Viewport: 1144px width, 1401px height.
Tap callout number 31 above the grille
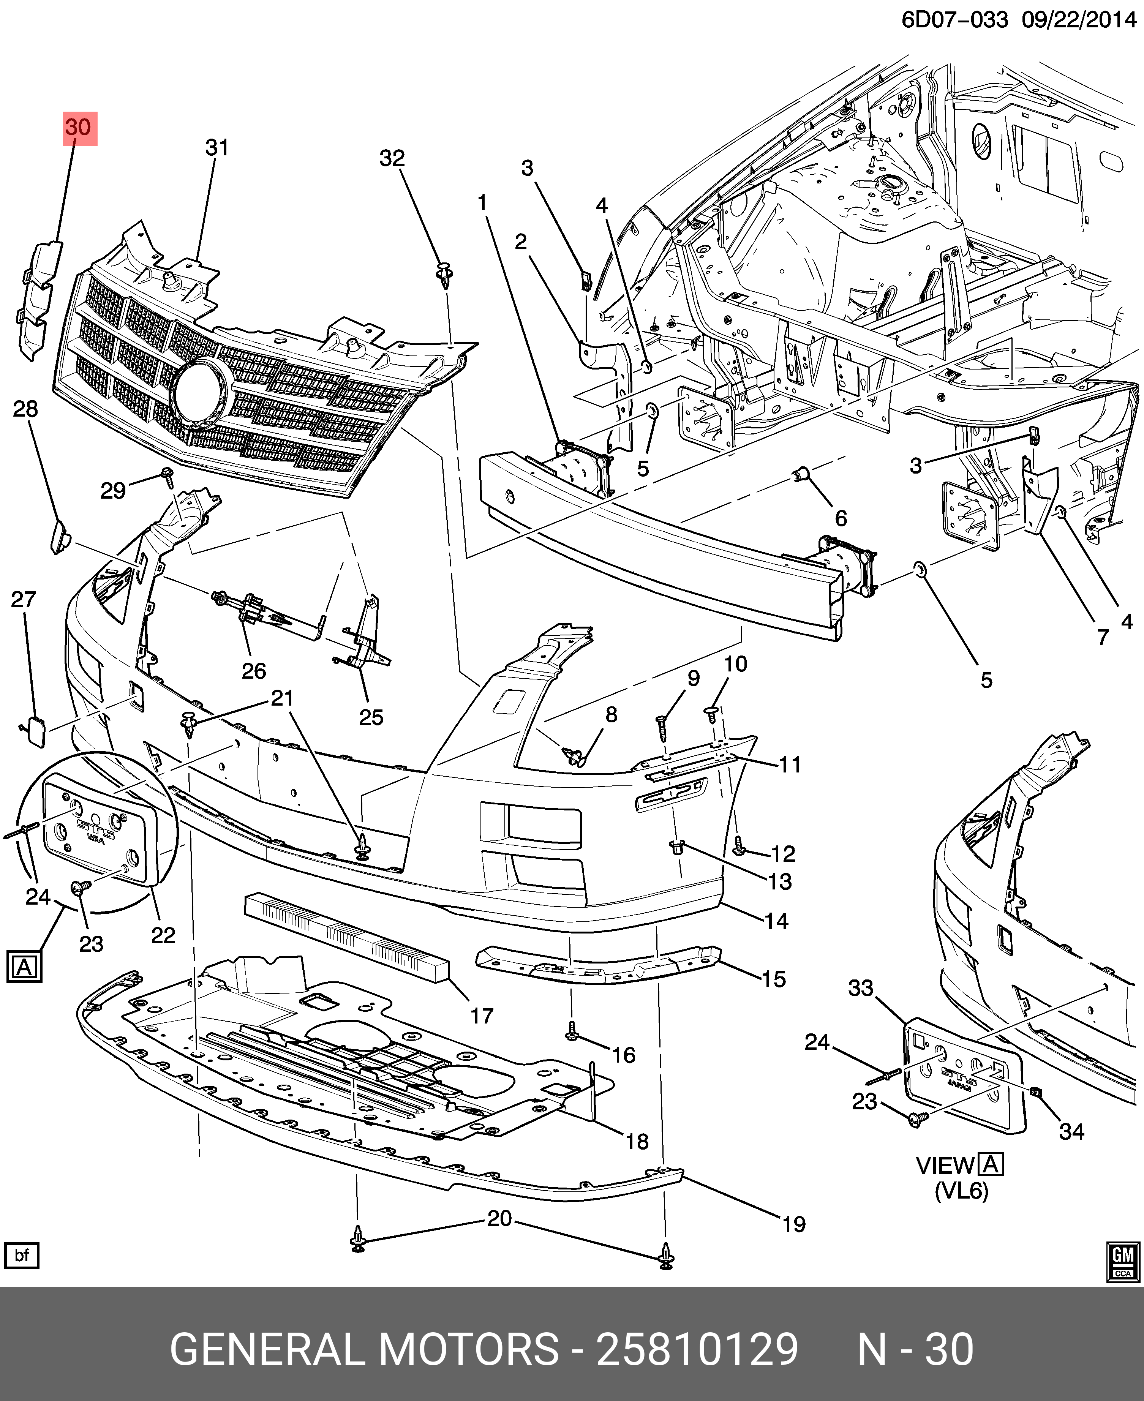[217, 148]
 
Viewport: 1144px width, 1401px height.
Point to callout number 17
[482, 1016]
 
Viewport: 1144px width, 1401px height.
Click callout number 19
[794, 1224]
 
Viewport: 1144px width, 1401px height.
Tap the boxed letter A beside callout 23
[24, 967]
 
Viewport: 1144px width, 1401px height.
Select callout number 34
[1071, 1131]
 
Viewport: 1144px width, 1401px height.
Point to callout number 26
[254, 671]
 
